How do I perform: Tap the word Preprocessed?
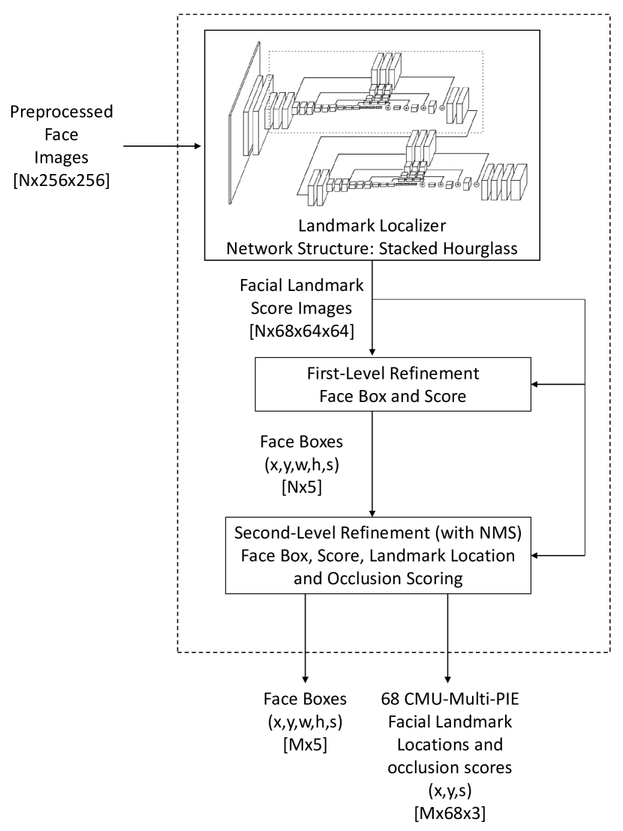[x=62, y=113]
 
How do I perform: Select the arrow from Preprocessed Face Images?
[x=162, y=147]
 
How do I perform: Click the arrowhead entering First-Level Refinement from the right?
[x=534, y=384]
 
